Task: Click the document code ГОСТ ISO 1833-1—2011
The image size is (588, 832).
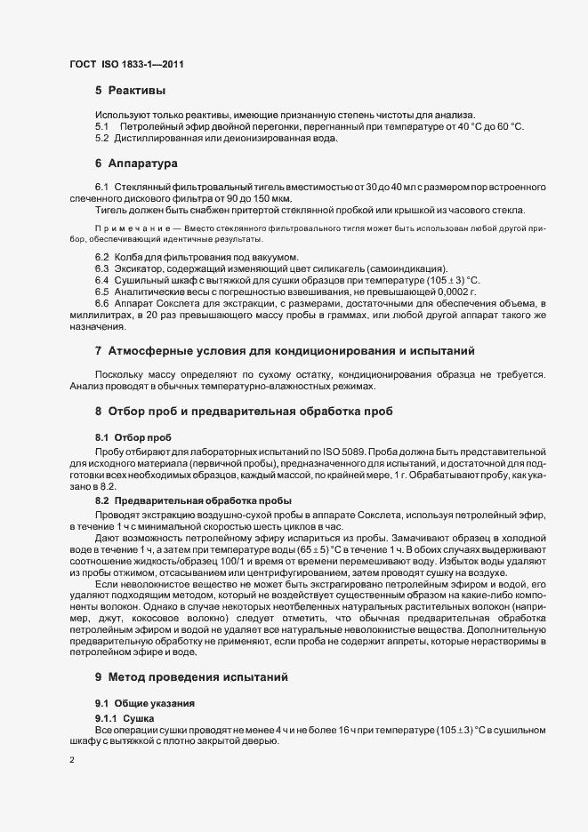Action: pyautogui.click(x=127, y=64)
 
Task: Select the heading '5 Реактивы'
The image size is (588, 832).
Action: pyautogui.click(x=130, y=91)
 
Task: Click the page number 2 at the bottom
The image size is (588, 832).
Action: pyautogui.click(x=71, y=760)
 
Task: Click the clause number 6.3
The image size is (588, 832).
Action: pyautogui.click(x=101, y=268)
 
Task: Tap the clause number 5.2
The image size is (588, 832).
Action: pyautogui.click(x=101, y=138)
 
